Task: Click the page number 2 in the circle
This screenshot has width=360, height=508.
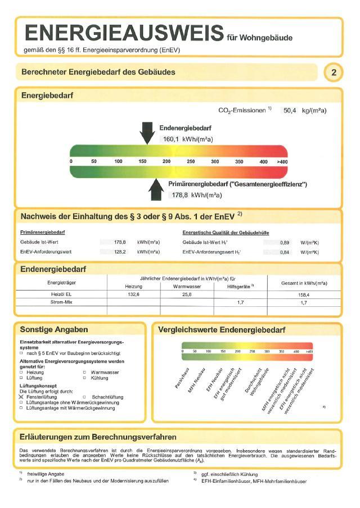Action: (334, 72)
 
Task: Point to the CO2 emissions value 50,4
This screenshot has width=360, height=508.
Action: (289, 111)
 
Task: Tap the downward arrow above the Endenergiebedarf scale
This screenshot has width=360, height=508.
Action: (147, 133)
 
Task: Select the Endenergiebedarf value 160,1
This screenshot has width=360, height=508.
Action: (170, 138)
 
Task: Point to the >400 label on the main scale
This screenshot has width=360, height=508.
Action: (282, 161)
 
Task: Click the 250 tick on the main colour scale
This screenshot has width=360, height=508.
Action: (191, 161)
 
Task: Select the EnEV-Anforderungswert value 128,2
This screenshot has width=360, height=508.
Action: (120, 252)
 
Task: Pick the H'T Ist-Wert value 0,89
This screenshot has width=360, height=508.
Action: (285, 242)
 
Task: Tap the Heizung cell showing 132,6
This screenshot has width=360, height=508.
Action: (133, 294)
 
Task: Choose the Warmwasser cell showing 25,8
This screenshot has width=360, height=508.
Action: (186, 294)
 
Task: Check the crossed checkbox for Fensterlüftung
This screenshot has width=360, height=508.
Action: (21, 397)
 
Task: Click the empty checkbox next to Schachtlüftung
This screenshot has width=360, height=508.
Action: (84, 397)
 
